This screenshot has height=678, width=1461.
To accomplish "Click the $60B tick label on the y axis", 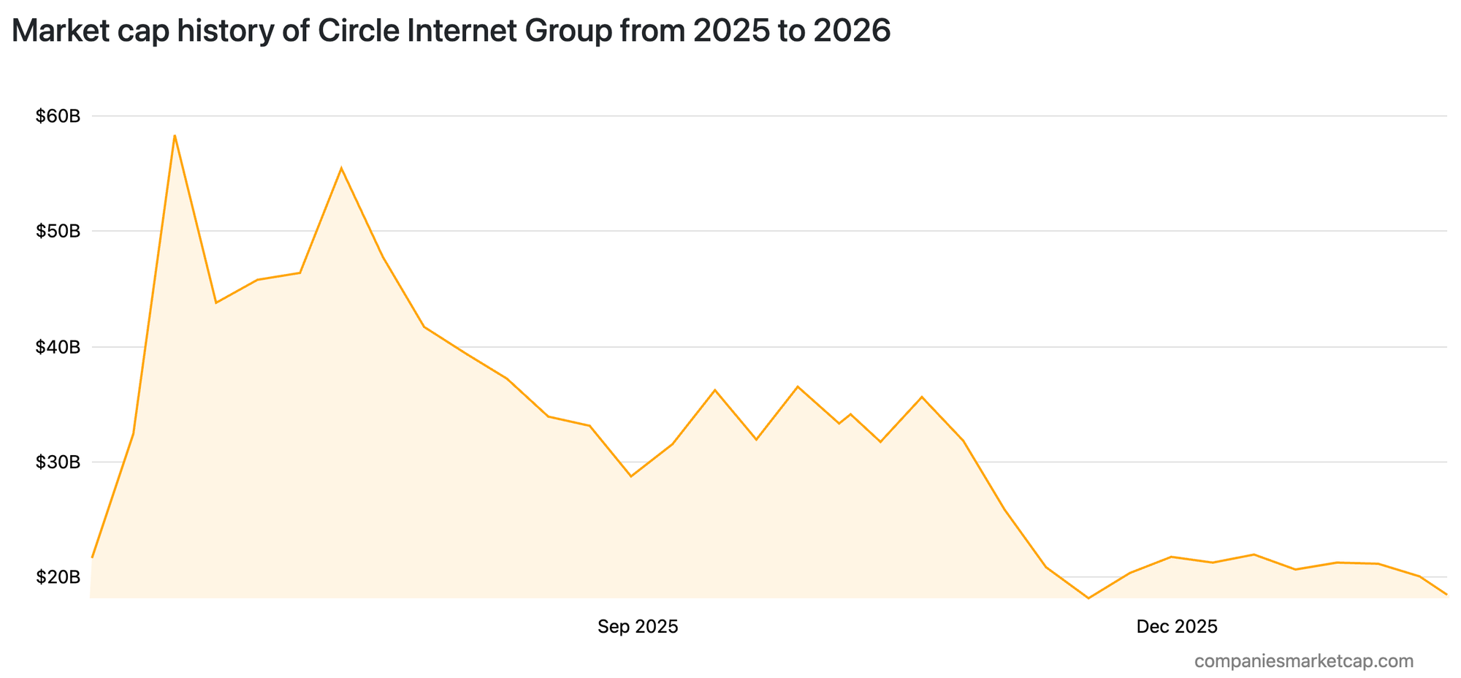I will tap(58, 116).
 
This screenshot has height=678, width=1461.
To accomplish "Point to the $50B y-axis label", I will tap(58, 232).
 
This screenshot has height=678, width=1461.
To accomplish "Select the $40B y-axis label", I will tap(58, 347).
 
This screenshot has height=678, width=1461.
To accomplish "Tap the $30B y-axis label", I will tap(58, 462).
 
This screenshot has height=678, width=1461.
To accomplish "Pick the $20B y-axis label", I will tap(58, 577).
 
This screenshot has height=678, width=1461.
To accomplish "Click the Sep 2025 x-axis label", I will tap(638, 626).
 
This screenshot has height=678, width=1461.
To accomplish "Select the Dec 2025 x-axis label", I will tap(1177, 626).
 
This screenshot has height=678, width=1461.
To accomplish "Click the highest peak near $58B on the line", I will tap(175, 135).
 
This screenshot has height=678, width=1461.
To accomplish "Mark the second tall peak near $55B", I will tap(341, 168).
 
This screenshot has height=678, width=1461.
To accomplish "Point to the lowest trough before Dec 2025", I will tap(1088, 598).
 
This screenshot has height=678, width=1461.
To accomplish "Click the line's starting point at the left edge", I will tap(92, 557).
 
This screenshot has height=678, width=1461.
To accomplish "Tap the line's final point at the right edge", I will tap(1446, 594).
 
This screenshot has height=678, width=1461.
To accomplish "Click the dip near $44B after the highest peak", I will tap(216, 302).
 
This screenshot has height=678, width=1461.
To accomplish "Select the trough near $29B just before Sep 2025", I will tap(631, 476).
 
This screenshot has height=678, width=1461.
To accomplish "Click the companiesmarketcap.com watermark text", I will tap(1304, 661).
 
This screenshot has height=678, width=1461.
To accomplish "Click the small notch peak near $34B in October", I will tap(850, 414).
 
